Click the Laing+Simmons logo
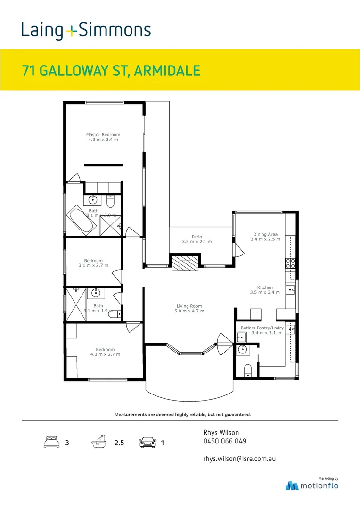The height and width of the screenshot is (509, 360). point(86,31)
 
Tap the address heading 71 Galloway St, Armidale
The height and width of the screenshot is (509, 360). point(111,71)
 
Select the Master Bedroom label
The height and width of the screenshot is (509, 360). point(103,137)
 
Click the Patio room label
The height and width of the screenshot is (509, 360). point(196,239)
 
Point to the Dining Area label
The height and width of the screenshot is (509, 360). point(265,237)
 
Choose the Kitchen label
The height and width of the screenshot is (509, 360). point(265,290)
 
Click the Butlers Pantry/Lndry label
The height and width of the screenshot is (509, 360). point(262,330)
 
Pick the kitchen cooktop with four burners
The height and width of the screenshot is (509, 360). point(290,263)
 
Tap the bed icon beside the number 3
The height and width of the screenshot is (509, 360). point(51,443)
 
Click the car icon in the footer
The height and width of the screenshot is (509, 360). point(147,443)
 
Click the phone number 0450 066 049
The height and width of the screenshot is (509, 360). point(224,442)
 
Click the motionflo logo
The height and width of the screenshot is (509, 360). point(311,485)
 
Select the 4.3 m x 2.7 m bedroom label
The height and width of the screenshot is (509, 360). point(105,352)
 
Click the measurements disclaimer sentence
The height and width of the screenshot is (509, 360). point(182,414)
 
